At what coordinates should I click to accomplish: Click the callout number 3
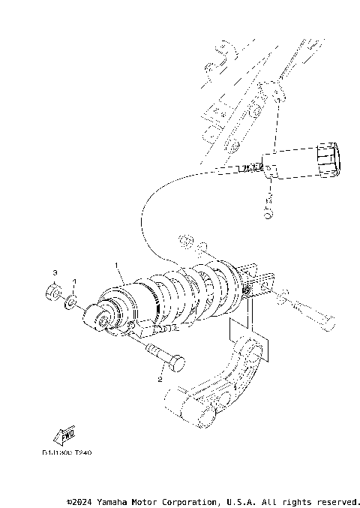coord(55,271)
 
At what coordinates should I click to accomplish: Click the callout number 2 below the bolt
coord(159,379)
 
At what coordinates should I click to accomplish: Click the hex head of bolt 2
coord(177,364)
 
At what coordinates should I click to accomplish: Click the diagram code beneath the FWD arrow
coord(67,454)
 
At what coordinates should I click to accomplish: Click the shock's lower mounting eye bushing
coord(98,320)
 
